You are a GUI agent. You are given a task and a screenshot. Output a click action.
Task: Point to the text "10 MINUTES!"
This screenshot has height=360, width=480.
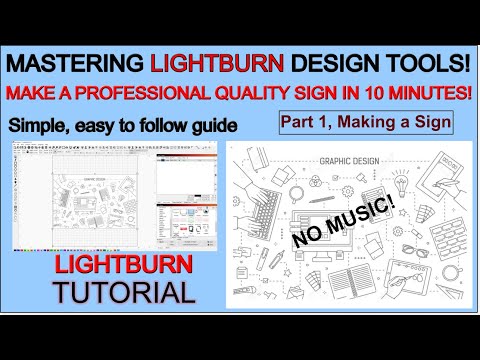tap(418, 94)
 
